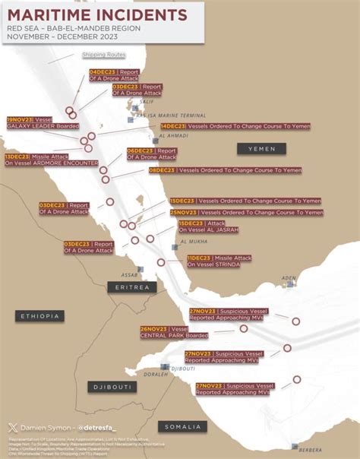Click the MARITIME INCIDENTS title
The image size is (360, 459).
pyautogui.click(x=97, y=14)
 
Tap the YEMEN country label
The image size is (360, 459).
pyautogui.click(x=261, y=149)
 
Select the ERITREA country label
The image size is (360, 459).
pyautogui.click(x=131, y=287)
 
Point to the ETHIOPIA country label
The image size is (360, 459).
pyautogui.click(x=39, y=316)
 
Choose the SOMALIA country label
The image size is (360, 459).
pyautogui.click(x=182, y=426)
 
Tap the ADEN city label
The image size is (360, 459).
pyautogui.click(x=289, y=278)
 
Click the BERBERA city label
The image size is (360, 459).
pyautogui.click(x=311, y=450)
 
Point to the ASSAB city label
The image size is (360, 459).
pyautogui.click(x=129, y=275)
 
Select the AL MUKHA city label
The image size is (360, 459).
pyautogui.click(x=194, y=242)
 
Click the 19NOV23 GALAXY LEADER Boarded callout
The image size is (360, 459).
pyautogui.click(x=42, y=123)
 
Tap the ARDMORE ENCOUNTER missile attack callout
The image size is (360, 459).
pyautogui.click(x=50, y=160)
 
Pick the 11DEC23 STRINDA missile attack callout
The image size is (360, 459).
pyautogui.click(x=219, y=261)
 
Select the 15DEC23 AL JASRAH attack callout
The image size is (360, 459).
pyautogui.click(x=208, y=226)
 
